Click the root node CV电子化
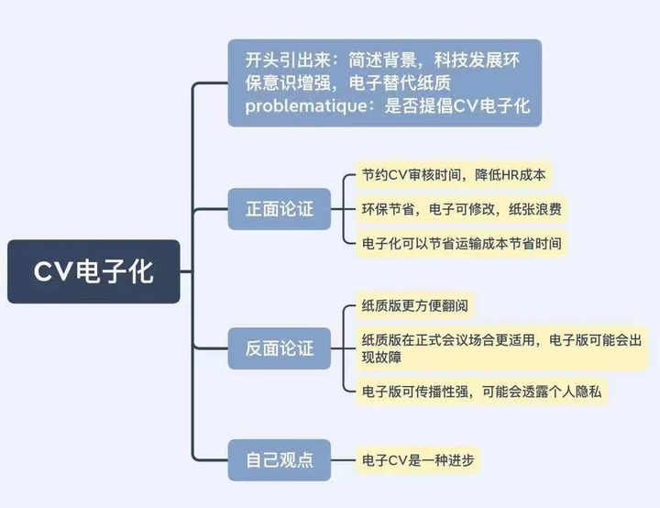click(93, 271)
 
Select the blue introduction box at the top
click(384, 83)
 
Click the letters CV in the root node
click(54, 272)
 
